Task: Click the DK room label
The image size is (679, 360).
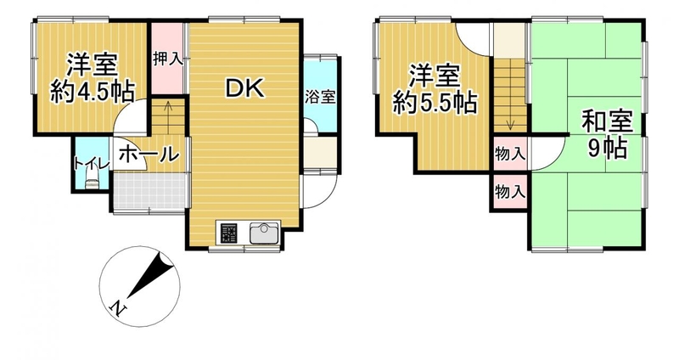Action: pos(244,89)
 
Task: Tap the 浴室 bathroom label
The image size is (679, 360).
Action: pos(320,97)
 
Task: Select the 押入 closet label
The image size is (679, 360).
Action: pos(167,59)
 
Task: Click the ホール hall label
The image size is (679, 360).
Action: pos(149,154)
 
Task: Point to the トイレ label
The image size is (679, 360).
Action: pos(91,163)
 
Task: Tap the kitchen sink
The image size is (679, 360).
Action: pos(264,233)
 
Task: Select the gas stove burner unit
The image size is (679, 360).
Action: pos(229,233)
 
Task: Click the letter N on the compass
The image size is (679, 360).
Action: pos(118,308)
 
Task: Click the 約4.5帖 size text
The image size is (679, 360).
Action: pos(92,92)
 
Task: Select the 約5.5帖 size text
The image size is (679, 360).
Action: pos(435,104)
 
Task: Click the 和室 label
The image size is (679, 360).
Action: pos(607,121)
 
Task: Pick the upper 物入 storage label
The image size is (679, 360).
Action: pos(510,154)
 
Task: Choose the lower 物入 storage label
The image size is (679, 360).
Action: pos(510,191)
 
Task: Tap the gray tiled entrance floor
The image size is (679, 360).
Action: pos(150,191)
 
